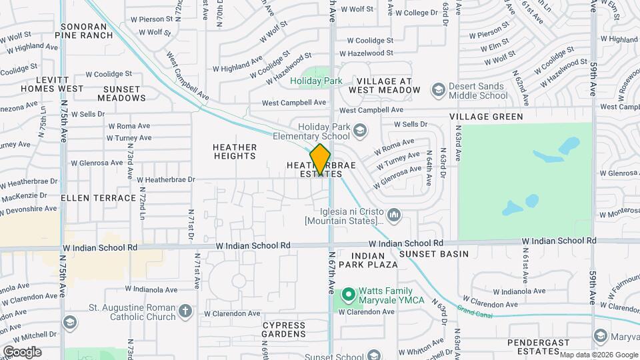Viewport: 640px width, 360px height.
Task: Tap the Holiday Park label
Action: (x=316, y=81)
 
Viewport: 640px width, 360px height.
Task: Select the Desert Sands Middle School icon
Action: (x=438, y=89)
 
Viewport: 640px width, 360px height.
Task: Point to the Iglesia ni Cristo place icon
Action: (x=394, y=215)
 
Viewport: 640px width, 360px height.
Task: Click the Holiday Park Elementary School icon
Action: (x=360, y=130)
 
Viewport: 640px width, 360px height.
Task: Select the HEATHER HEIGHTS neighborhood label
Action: (x=235, y=151)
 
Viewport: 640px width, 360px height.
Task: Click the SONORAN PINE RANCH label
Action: (x=87, y=31)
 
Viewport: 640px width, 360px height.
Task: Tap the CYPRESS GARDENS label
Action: (x=283, y=329)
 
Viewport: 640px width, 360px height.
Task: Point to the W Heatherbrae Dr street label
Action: (x=165, y=179)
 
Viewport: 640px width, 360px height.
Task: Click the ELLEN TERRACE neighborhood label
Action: (x=99, y=199)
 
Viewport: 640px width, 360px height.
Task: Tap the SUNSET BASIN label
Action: (x=434, y=254)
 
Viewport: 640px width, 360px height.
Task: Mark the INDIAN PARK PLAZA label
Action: (x=367, y=260)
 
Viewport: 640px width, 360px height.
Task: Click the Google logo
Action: (x=21, y=351)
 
